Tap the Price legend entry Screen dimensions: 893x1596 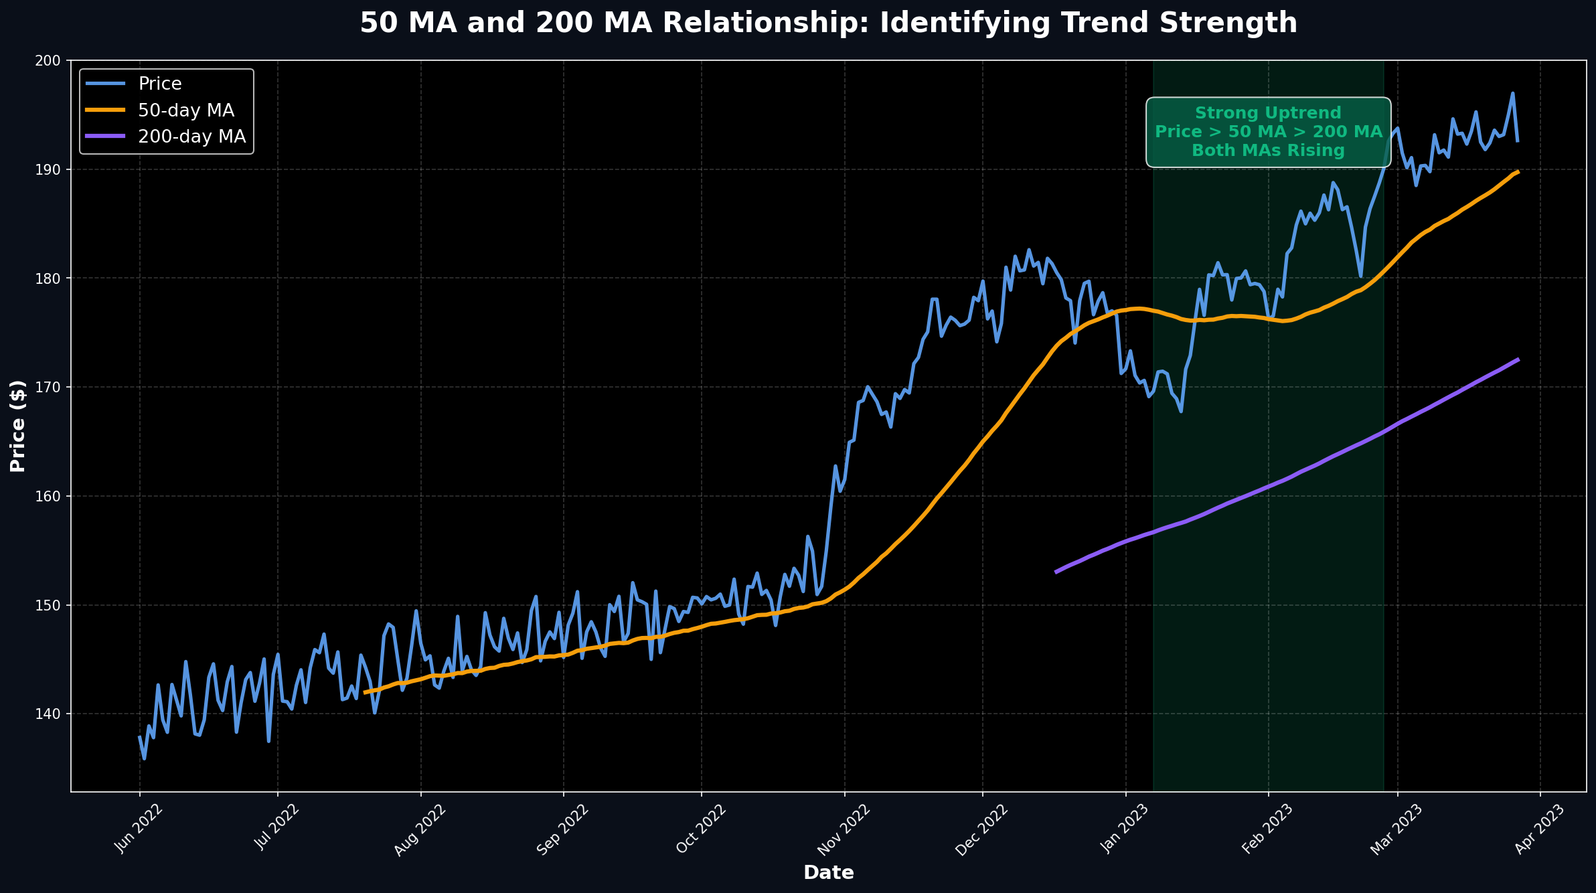pos(160,84)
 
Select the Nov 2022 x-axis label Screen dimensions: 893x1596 pos(844,829)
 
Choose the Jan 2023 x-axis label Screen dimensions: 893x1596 pos(1125,829)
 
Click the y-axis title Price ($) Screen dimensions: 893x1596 pos(18,426)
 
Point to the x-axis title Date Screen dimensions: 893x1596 pos(828,873)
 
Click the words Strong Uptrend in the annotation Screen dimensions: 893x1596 pos(1268,113)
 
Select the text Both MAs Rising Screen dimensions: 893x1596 pos(1268,151)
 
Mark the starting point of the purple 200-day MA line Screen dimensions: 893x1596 pos(1056,572)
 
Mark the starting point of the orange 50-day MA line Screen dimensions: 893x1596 pos(364,692)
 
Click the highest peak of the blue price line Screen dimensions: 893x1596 pos(1512,93)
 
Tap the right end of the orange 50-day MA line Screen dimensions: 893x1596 pos(1518,172)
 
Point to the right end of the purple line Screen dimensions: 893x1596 pos(1518,359)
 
